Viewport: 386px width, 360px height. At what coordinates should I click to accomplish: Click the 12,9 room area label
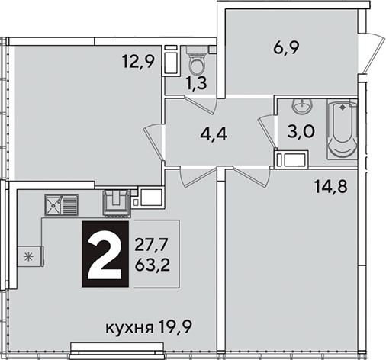coord(138,62)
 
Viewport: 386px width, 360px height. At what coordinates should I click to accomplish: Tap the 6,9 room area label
coord(286,47)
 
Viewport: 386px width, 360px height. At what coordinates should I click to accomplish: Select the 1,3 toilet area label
coord(196,83)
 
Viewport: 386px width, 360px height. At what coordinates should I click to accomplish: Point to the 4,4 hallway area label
coord(214,134)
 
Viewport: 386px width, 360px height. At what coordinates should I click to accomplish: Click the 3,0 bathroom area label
coord(301,131)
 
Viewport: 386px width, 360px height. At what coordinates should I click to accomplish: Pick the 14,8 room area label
coord(331,188)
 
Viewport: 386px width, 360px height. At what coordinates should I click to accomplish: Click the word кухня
coord(130,328)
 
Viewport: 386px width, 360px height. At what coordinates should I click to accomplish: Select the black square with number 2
coord(105,254)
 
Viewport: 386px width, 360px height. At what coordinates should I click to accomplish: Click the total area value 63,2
coord(152,266)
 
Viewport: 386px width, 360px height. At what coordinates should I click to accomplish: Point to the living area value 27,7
coord(152,246)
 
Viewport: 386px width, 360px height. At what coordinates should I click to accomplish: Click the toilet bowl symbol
coord(197,59)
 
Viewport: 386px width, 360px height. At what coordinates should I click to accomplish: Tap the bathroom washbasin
coord(301,106)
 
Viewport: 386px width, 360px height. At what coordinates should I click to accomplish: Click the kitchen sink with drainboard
coord(61,205)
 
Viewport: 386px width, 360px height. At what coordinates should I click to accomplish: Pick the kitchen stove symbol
coord(117,204)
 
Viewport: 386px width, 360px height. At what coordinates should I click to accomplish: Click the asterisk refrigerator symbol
coord(30,256)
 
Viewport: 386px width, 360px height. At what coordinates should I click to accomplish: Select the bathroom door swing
coord(267,132)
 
